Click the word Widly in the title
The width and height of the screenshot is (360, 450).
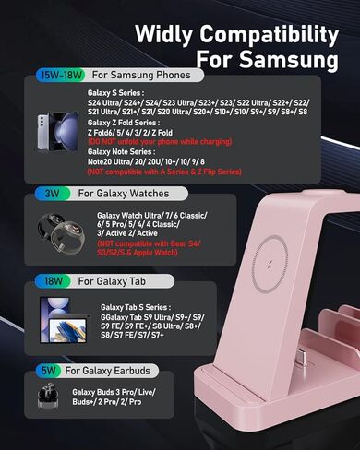(173, 34)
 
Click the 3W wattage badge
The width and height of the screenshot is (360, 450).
(52, 195)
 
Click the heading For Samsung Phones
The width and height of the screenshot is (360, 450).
(141, 76)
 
